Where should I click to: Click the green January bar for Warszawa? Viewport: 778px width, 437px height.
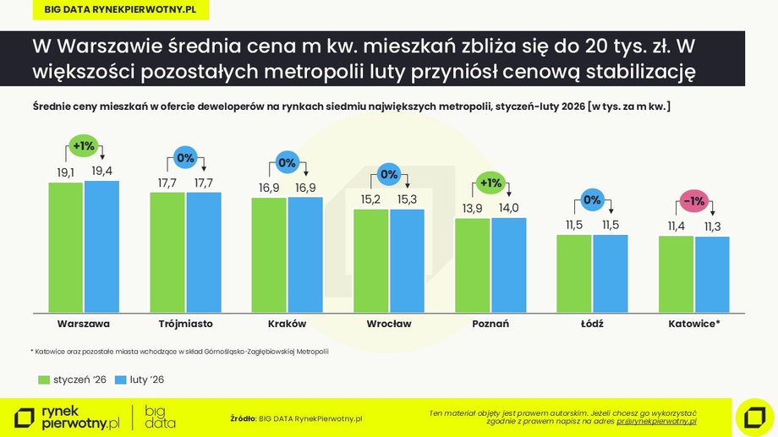click(66, 245)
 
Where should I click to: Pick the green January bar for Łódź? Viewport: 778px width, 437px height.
click(574, 271)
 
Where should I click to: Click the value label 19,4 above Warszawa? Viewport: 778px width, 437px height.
click(101, 171)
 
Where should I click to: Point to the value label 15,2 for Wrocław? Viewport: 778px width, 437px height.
click(370, 199)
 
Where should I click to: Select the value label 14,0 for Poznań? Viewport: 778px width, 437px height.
click(508, 208)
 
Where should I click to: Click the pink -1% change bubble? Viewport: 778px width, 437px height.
click(693, 202)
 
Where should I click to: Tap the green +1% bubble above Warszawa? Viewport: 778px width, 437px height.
click(84, 145)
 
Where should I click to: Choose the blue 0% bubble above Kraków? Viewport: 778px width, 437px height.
click(287, 162)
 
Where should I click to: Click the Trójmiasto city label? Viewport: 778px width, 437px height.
click(185, 324)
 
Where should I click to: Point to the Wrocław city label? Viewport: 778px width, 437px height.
click(389, 324)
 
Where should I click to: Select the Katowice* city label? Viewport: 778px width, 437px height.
click(693, 324)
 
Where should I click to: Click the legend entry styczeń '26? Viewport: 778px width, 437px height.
click(73, 380)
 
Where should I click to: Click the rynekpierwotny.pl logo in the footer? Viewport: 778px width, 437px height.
click(68, 417)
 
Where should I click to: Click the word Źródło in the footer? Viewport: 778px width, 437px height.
click(243, 418)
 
